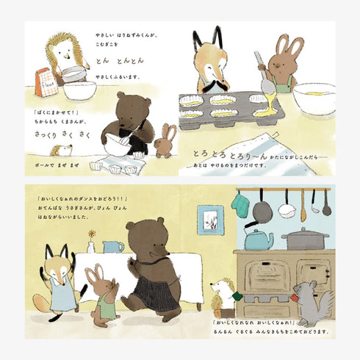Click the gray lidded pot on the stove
[305, 238]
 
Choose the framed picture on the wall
[211, 219]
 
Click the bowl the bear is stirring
[117, 143]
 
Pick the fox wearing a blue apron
[61, 278]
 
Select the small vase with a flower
[91, 245]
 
